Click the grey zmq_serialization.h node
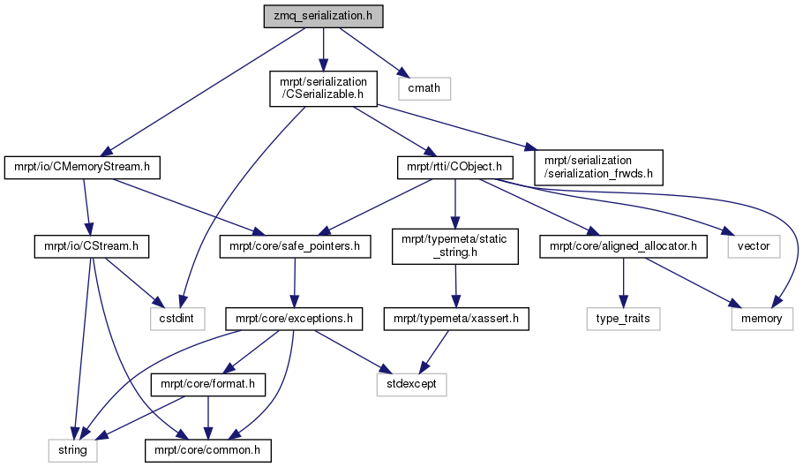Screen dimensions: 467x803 [323, 16]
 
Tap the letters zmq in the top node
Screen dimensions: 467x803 [284, 16]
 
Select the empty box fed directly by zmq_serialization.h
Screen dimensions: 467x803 [424, 88]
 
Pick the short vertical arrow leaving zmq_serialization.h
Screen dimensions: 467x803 [323, 49]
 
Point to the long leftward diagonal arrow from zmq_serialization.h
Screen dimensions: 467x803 [203, 92]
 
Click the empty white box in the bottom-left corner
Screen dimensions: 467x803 [72, 449]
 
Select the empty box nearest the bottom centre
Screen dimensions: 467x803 [411, 385]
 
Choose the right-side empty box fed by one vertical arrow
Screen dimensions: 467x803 [623, 319]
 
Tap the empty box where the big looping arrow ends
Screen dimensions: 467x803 [762, 319]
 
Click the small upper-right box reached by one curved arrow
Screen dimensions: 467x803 [754, 247]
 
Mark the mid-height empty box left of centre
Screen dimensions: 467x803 [177, 319]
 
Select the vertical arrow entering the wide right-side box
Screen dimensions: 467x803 [623, 282]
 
